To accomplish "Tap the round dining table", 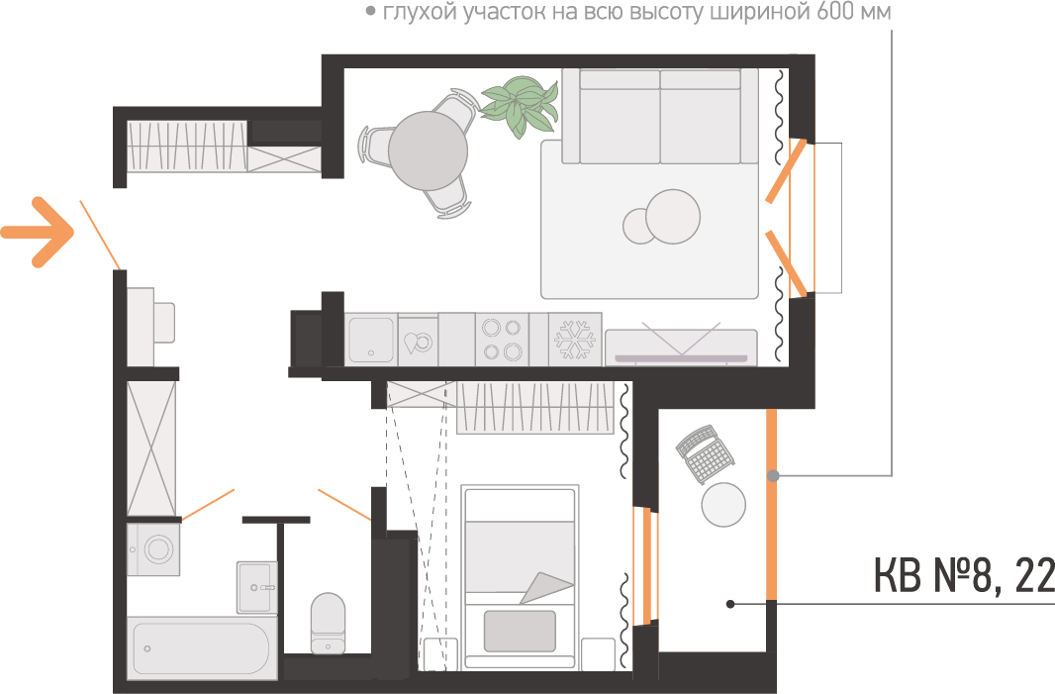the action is pyautogui.click(x=428, y=150).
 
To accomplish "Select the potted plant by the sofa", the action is pyautogui.click(x=521, y=106).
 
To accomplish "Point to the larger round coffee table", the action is pyautogui.click(x=673, y=216).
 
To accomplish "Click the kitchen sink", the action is pyautogui.click(x=371, y=340).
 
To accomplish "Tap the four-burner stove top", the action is pyautogui.click(x=502, y=340).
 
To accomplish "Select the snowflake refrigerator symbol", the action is pyautogui.click(x=575, y=340).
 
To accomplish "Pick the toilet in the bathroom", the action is pyautogui.click(x=328, y=623).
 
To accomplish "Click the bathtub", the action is pyautogui.click(x=201, y=648).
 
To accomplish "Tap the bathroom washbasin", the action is pyautogui.click(x=256, y=587).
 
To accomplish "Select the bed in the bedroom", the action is pyautogui.click(x=520, y=577).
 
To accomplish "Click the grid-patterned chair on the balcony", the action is pyautogui.click(x=705, y=453).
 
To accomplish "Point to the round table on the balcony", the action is pyautogui.click(x=723, y=505).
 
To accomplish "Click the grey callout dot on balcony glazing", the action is pyautogui.click(x=773, y=476).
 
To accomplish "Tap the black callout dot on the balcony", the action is pyautogui.click(x=730, y=604).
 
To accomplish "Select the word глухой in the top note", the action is pyautogui.click(x=421, y=12).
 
